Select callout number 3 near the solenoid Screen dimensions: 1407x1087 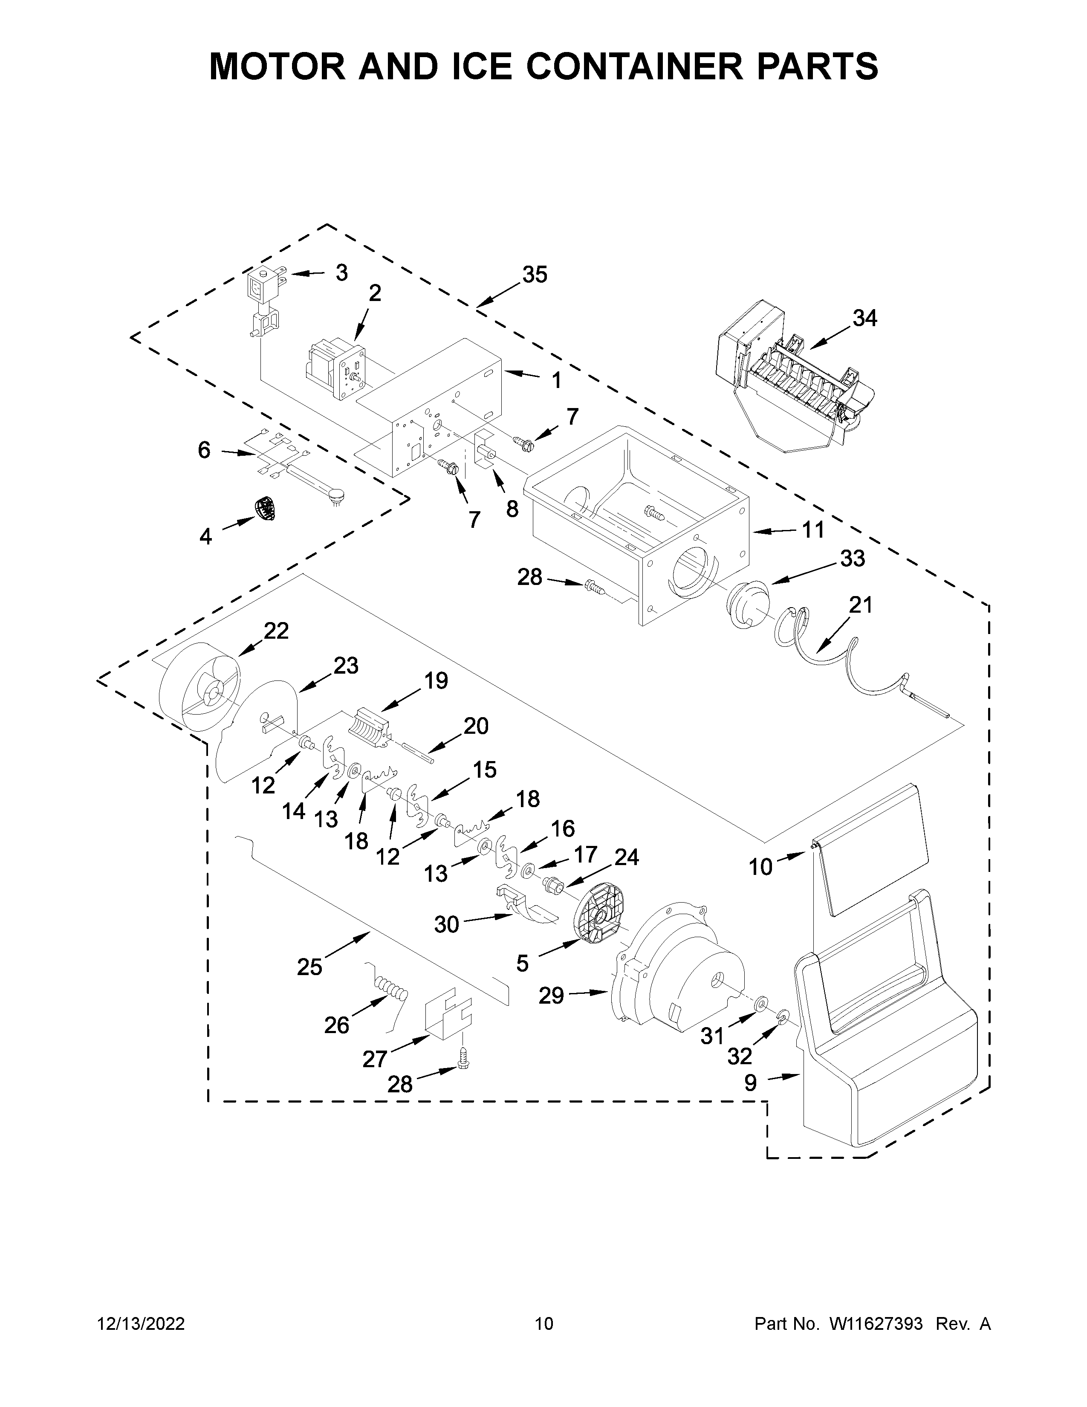(x=341, y=273)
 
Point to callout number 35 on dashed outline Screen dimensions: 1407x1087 (x=535, y=275)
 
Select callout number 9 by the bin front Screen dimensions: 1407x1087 (x=751, y=1083)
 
